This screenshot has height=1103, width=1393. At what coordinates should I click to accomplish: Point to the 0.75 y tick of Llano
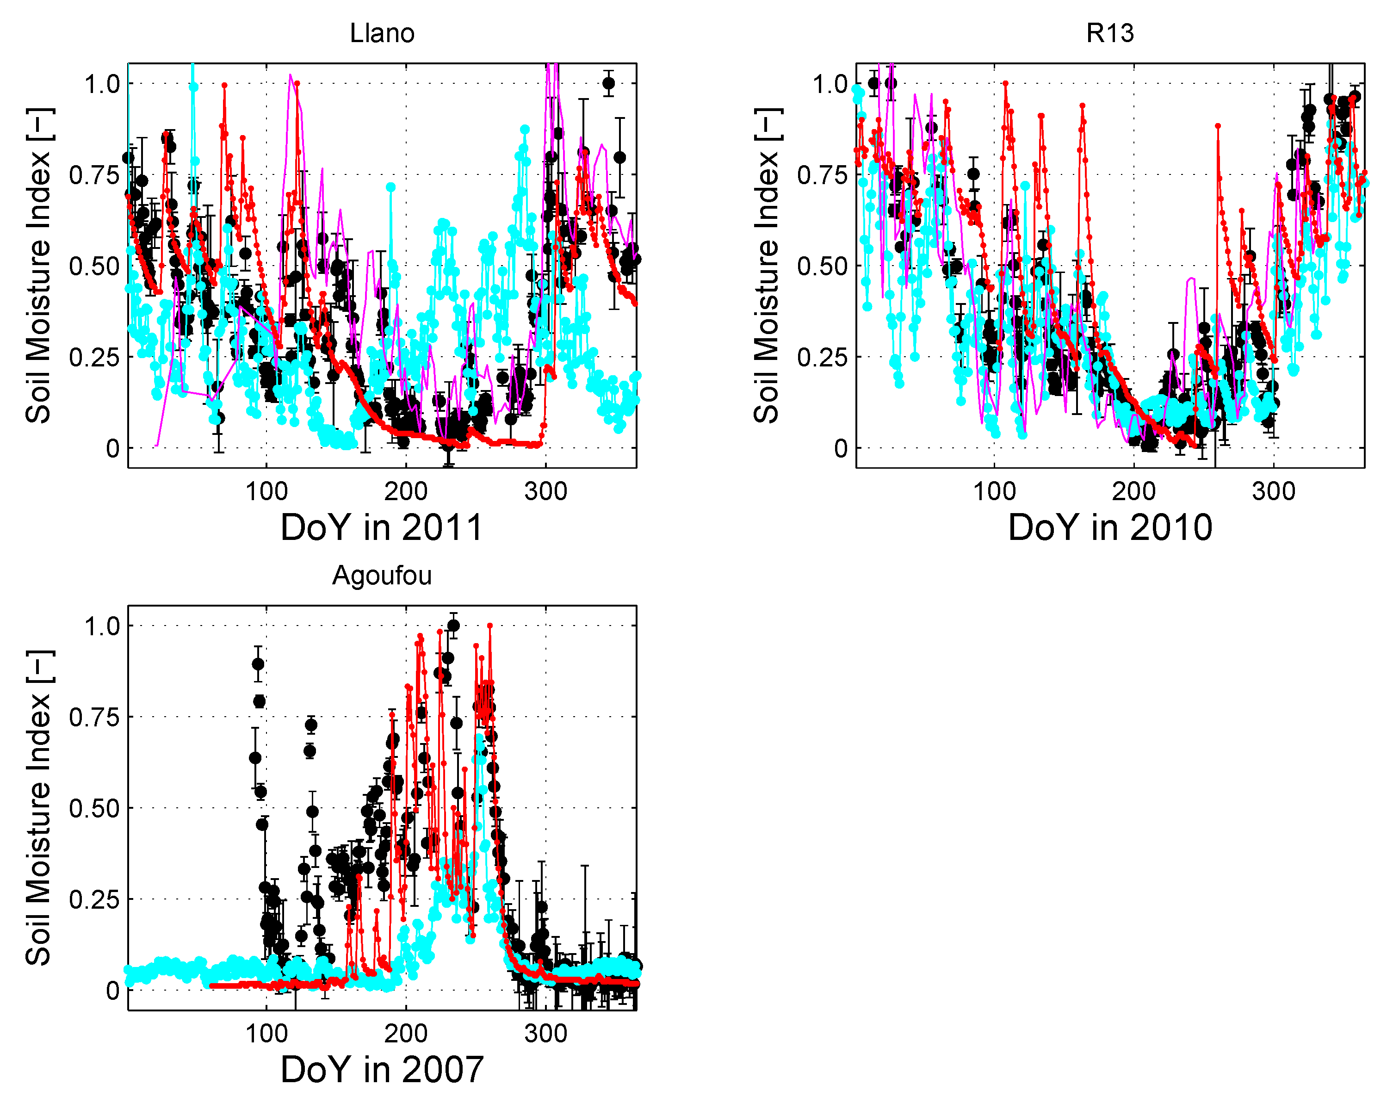[94, 175]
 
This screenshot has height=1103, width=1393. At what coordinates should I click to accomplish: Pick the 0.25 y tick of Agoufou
[94, 899]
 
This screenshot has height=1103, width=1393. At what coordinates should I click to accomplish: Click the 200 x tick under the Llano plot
[406, 491]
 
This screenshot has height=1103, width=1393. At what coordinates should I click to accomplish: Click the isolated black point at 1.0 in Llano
[608, 83]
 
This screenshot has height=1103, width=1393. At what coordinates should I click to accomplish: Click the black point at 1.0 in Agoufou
[453, 625]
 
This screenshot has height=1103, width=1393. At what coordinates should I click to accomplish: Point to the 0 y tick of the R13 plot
[840, 448]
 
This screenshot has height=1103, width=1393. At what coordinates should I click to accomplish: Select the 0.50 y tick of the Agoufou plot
[94, 808]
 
